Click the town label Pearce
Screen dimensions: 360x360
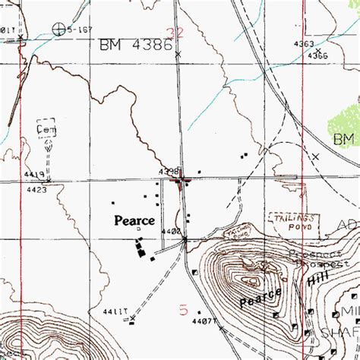click(x=134, y=221)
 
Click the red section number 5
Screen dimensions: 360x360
click(x=182, y=310)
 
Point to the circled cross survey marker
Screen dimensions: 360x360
click(x=59, y=30)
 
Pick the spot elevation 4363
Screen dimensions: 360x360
click(x=304, y=45)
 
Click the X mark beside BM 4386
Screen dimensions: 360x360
click(x=178, y=55)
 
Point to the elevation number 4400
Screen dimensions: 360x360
click(x=170, y=231)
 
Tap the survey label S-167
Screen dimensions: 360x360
click(x=78, y=30)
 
